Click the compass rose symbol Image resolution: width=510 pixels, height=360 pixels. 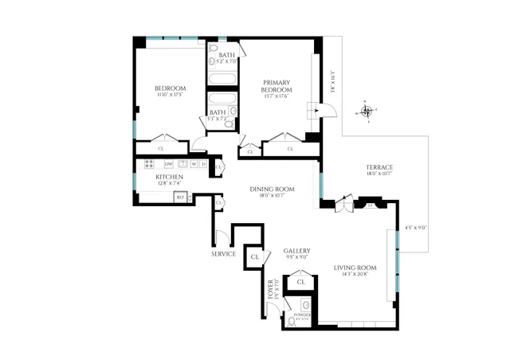coord(367,112)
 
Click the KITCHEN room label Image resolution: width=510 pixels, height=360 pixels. coord(169,177)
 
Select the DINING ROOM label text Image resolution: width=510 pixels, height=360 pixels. coord(273,189)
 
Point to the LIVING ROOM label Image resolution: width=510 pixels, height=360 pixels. coord(355,268)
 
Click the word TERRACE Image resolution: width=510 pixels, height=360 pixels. coord(379,166)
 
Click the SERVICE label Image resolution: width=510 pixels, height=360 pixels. coord(223,254)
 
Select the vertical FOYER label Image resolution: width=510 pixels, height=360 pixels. coord(271,288)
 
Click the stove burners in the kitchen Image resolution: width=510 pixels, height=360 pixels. coord(149,164)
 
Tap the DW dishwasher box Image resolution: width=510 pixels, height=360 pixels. coord(168,164)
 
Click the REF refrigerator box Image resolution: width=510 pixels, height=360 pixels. coord(180,197)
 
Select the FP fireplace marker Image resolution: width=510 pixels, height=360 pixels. coord(370,205)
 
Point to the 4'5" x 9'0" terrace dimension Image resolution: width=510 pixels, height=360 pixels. coord(416,228)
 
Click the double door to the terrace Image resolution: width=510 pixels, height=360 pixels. coord(343,204)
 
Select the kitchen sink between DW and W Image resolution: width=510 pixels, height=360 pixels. coord(182,164)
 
